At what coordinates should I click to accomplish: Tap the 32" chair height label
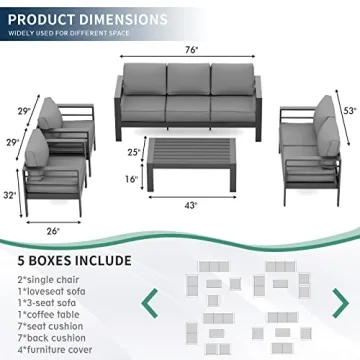click(10, 195)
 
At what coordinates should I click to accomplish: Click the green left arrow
click(152, 302)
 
